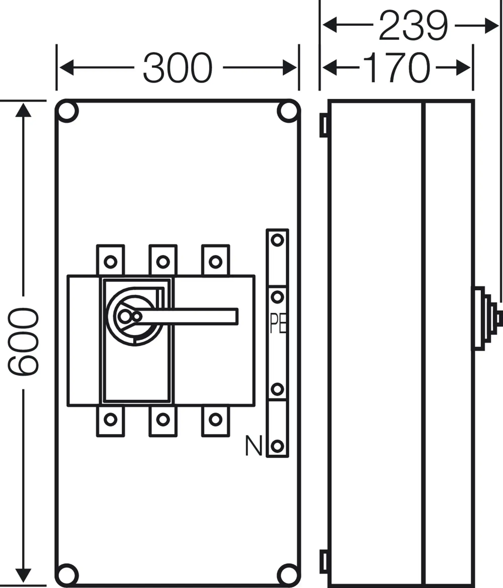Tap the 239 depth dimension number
pyautogui.click(x=413, y=25)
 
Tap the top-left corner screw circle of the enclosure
pyautogui.click(x=67, y=111)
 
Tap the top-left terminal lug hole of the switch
pyautogui.click(x=110, y=262)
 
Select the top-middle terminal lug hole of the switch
pyautogui.click(x=163, y=262)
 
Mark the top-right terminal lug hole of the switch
pyautogui.click(x=216, y=262)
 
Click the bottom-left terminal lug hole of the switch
pyautogui.click(x=110, y=419)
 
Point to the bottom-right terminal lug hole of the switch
pyautogui.click(x=216, y=419)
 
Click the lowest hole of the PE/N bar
pyautogui.click(x=277, y=446)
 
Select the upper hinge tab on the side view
pyautogui.click(x=324, y=125)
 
